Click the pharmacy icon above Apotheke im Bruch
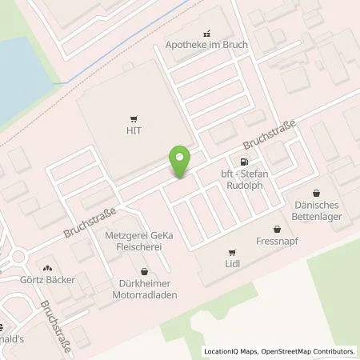207,34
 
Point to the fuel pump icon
233,162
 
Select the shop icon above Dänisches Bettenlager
316,192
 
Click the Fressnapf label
278,241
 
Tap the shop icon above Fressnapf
278,228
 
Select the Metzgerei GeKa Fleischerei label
142,243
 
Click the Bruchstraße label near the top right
270,135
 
